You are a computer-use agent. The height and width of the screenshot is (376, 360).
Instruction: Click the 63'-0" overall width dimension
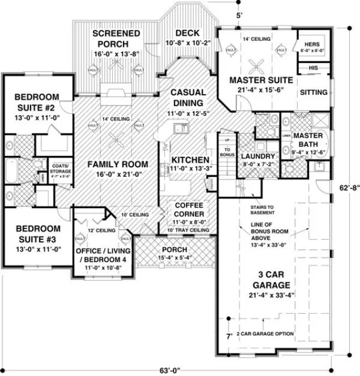pos(170,370)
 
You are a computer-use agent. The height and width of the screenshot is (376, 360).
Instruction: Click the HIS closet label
pos(313,67)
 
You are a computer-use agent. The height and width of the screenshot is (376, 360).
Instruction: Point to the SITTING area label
pos(313,92)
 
